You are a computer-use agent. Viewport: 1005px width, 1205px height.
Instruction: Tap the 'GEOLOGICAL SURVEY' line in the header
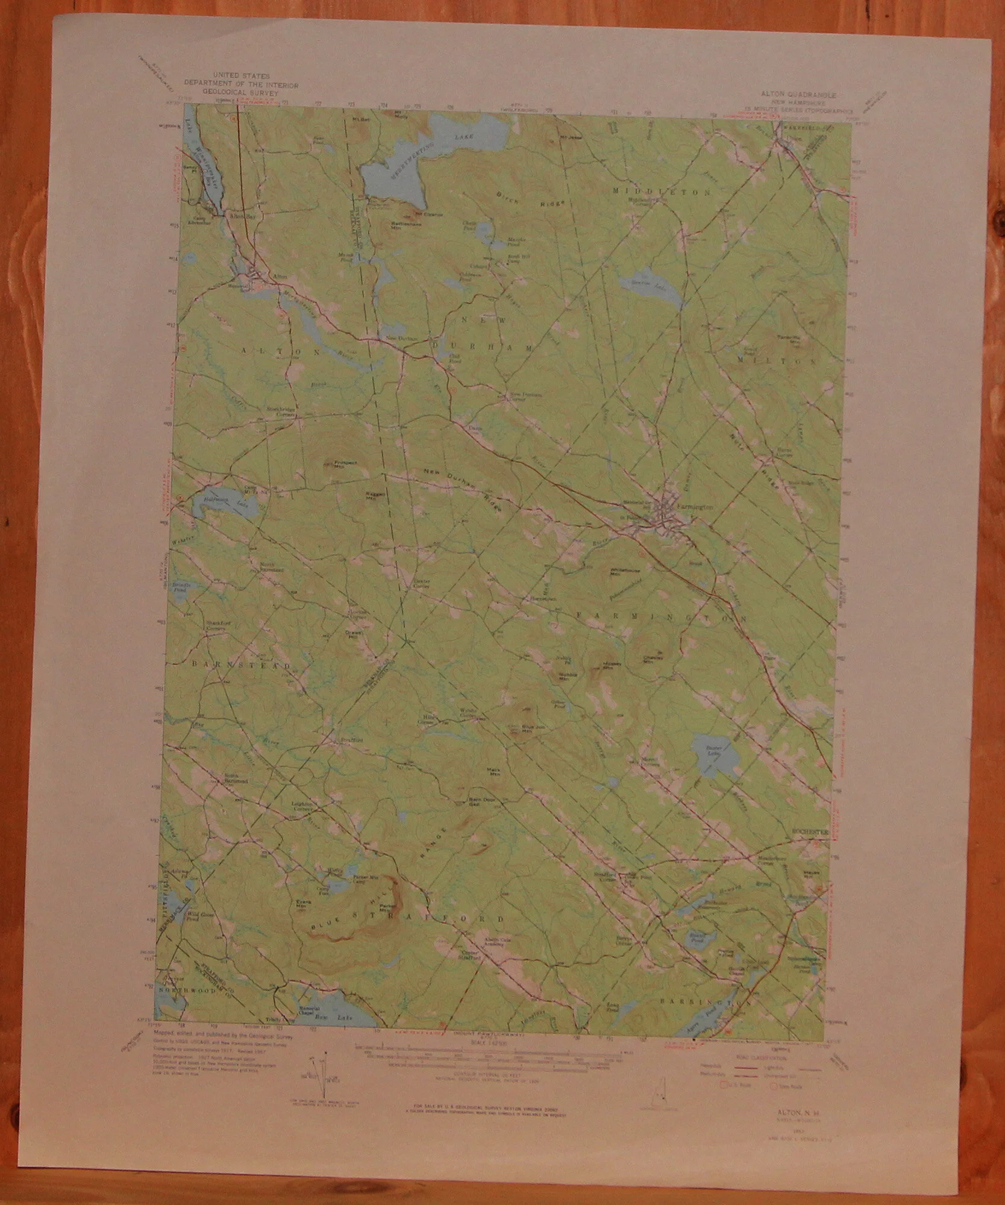click(241, 94)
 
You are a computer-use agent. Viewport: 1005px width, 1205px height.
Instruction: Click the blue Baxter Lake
click(714, 754)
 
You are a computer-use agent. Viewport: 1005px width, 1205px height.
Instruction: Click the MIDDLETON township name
click(662, 192)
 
